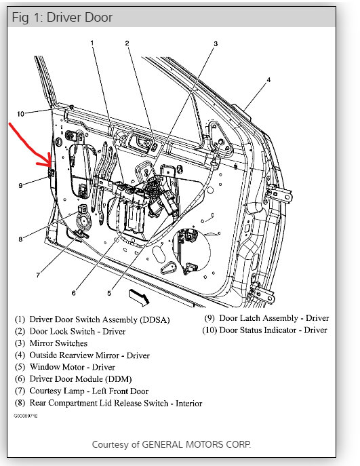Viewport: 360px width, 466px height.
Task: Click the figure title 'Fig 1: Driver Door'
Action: tap(62, 17)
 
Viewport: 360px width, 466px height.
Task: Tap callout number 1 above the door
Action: tap(92, 43)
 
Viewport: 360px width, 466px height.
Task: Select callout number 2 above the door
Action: tap(127, 43)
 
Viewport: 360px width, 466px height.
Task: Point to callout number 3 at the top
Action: tap(216, 43)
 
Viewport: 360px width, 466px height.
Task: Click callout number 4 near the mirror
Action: tap(268, 79)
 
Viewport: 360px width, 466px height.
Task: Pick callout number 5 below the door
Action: tap(109, 293)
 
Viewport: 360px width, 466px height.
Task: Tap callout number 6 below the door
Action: tap(74, 293)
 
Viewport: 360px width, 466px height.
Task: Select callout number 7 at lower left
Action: tap(38, 275)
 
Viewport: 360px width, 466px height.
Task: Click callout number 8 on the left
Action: tap(20, 239)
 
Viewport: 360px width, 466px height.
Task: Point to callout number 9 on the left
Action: tap(20, 185)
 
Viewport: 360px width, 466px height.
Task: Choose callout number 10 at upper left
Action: tap(20, 114)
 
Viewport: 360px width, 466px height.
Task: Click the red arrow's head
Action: tap(48, 162)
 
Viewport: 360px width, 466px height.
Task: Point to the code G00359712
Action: tap(26, 416)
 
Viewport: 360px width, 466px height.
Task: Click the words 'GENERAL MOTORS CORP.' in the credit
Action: tap(197, 444)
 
